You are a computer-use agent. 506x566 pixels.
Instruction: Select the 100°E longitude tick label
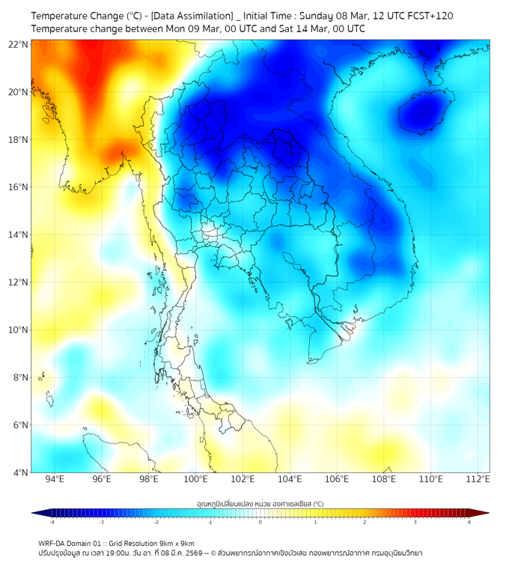pos(196,479)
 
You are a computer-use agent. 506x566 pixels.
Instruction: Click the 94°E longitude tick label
pos(55,479)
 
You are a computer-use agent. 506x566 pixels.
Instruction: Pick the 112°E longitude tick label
pos(478,479)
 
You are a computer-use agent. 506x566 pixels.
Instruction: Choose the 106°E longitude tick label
pos(337,479)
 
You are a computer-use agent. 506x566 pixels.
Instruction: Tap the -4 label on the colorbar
pos(51,523)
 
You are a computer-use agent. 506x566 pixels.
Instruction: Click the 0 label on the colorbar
pos(260,523)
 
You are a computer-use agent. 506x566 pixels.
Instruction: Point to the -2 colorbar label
pos(155,523)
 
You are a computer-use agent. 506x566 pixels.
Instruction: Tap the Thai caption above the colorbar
pos(260,503)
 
